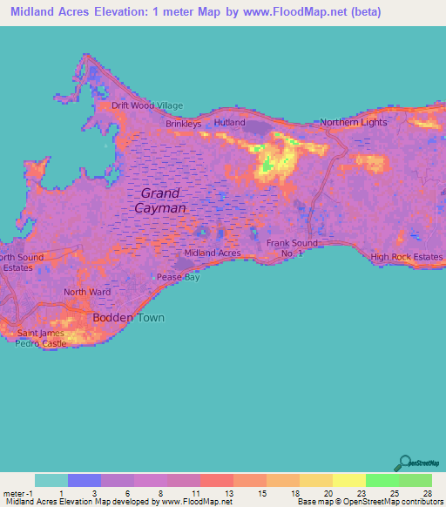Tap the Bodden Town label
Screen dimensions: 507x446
pos(128,318)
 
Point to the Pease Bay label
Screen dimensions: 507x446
pos(177,277)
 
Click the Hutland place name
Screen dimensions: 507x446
pos(229,124)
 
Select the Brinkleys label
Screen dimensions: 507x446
pos(184,125)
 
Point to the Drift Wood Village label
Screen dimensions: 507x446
pos(147,105)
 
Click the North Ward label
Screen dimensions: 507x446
pos(86,293)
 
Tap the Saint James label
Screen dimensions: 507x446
pos(38,334)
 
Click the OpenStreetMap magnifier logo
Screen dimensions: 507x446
pos(405,463)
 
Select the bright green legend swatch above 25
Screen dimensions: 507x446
pos(382,480)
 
